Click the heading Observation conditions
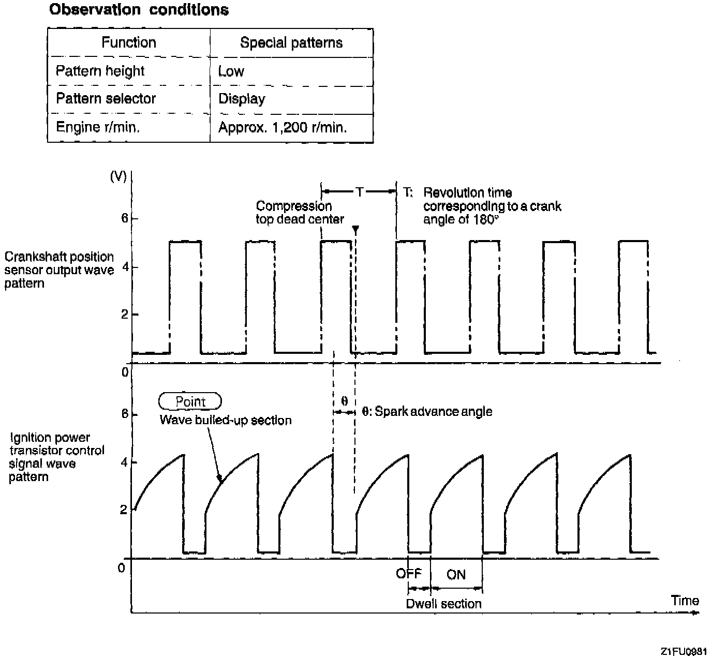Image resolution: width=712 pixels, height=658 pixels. tap(139, 10)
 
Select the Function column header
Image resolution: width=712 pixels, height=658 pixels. tap(129, 42)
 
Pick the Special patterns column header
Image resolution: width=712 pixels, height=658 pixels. tap(291, 42)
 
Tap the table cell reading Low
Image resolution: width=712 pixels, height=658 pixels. tap(231, 71)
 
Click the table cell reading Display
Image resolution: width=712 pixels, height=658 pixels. tap(242, 99)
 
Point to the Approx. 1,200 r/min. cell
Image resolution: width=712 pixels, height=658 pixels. tap(283, 127)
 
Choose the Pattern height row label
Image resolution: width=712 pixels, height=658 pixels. tap(100, 71)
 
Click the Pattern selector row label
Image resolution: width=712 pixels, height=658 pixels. tap(106, 98)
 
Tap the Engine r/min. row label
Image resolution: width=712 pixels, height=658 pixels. tap(98, 127)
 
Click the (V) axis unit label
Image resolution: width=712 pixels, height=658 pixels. tap(118, 176)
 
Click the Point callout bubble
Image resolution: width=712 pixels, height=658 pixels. tap(190, 401)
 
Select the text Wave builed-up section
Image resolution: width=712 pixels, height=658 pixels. tap(226, 420)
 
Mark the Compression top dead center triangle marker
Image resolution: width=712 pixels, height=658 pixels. tap(355, 230)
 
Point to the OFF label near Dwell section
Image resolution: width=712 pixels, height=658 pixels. tap(409, 573)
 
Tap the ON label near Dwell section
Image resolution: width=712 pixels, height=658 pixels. tap(456, 575)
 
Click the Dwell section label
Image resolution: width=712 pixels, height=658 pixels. tap(443, 604)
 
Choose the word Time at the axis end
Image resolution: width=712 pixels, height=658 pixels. tap(685, 601)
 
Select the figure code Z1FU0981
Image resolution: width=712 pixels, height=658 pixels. tap(683, 651)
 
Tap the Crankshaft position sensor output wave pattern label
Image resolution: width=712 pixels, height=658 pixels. tap(59, 270)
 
